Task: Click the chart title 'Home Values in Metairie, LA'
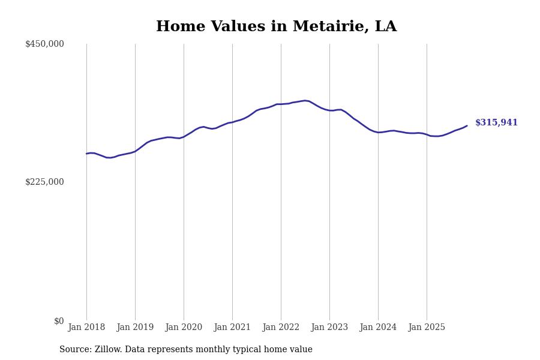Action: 276,27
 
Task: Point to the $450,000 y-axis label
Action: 44,44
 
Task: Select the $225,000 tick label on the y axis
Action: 44,182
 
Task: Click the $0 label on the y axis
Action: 59,321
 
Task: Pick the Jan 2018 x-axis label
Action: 86,328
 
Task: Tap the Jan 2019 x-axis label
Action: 135,328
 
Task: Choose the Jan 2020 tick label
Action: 184,328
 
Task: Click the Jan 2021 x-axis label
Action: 232,328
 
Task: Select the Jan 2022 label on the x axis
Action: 281,328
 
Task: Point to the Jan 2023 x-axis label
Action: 329,328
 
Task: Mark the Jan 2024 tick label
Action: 378,328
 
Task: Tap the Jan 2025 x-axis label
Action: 427,328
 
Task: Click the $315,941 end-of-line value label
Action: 496,123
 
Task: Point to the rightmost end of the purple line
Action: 467,126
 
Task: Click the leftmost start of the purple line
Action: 86,154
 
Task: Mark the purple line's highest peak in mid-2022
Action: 305,100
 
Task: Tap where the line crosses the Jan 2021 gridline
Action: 232,122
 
